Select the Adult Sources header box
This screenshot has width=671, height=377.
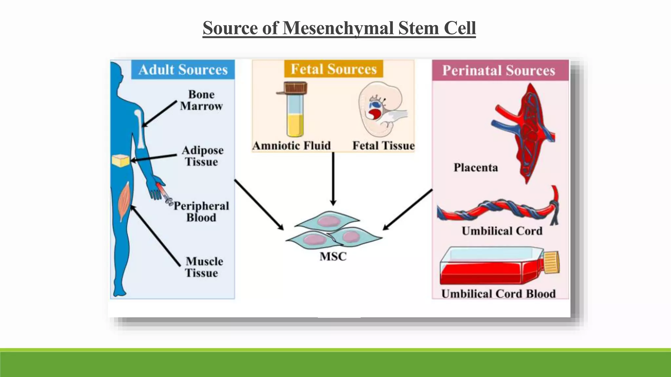(x=183, y=70)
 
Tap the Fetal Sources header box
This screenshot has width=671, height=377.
(x=334, y=69)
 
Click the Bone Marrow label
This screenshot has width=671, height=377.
(x=201, y=100)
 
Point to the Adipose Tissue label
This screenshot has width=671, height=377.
(x=202, y=156)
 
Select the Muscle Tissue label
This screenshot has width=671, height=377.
(x=203, y=267)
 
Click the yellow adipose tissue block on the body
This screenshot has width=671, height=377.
(x=121, y=161)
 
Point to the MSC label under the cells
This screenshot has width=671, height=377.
(x=333, y=256)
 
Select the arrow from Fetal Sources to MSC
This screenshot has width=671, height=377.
(x=333, y=178)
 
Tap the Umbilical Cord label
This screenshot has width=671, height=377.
(x=502, y=231)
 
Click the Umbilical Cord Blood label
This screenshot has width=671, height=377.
(x=498, y=294)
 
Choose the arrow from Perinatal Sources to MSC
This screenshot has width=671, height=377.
(x=408, y=209)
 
